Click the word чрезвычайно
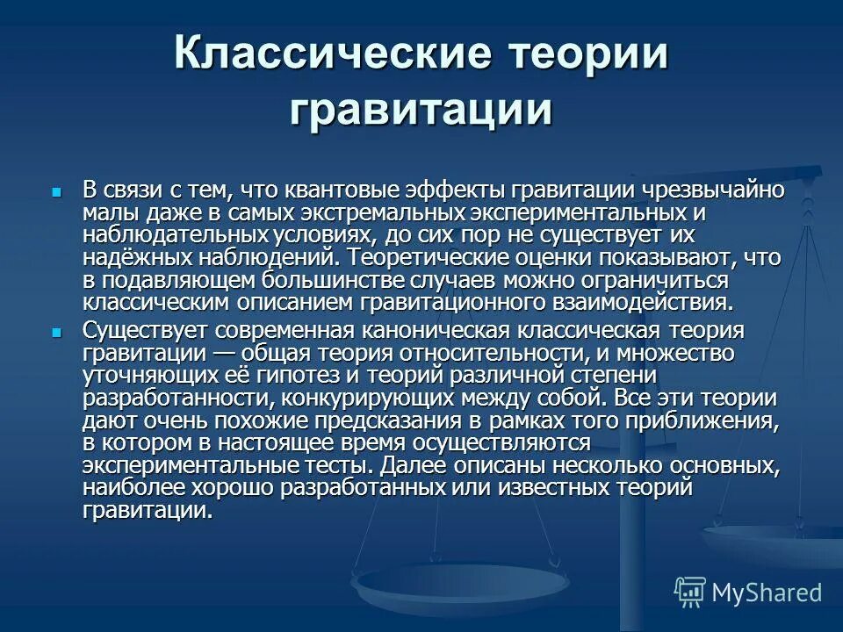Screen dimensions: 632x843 [x=712, y=190]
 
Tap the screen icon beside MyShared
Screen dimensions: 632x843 [x=690, y=592]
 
